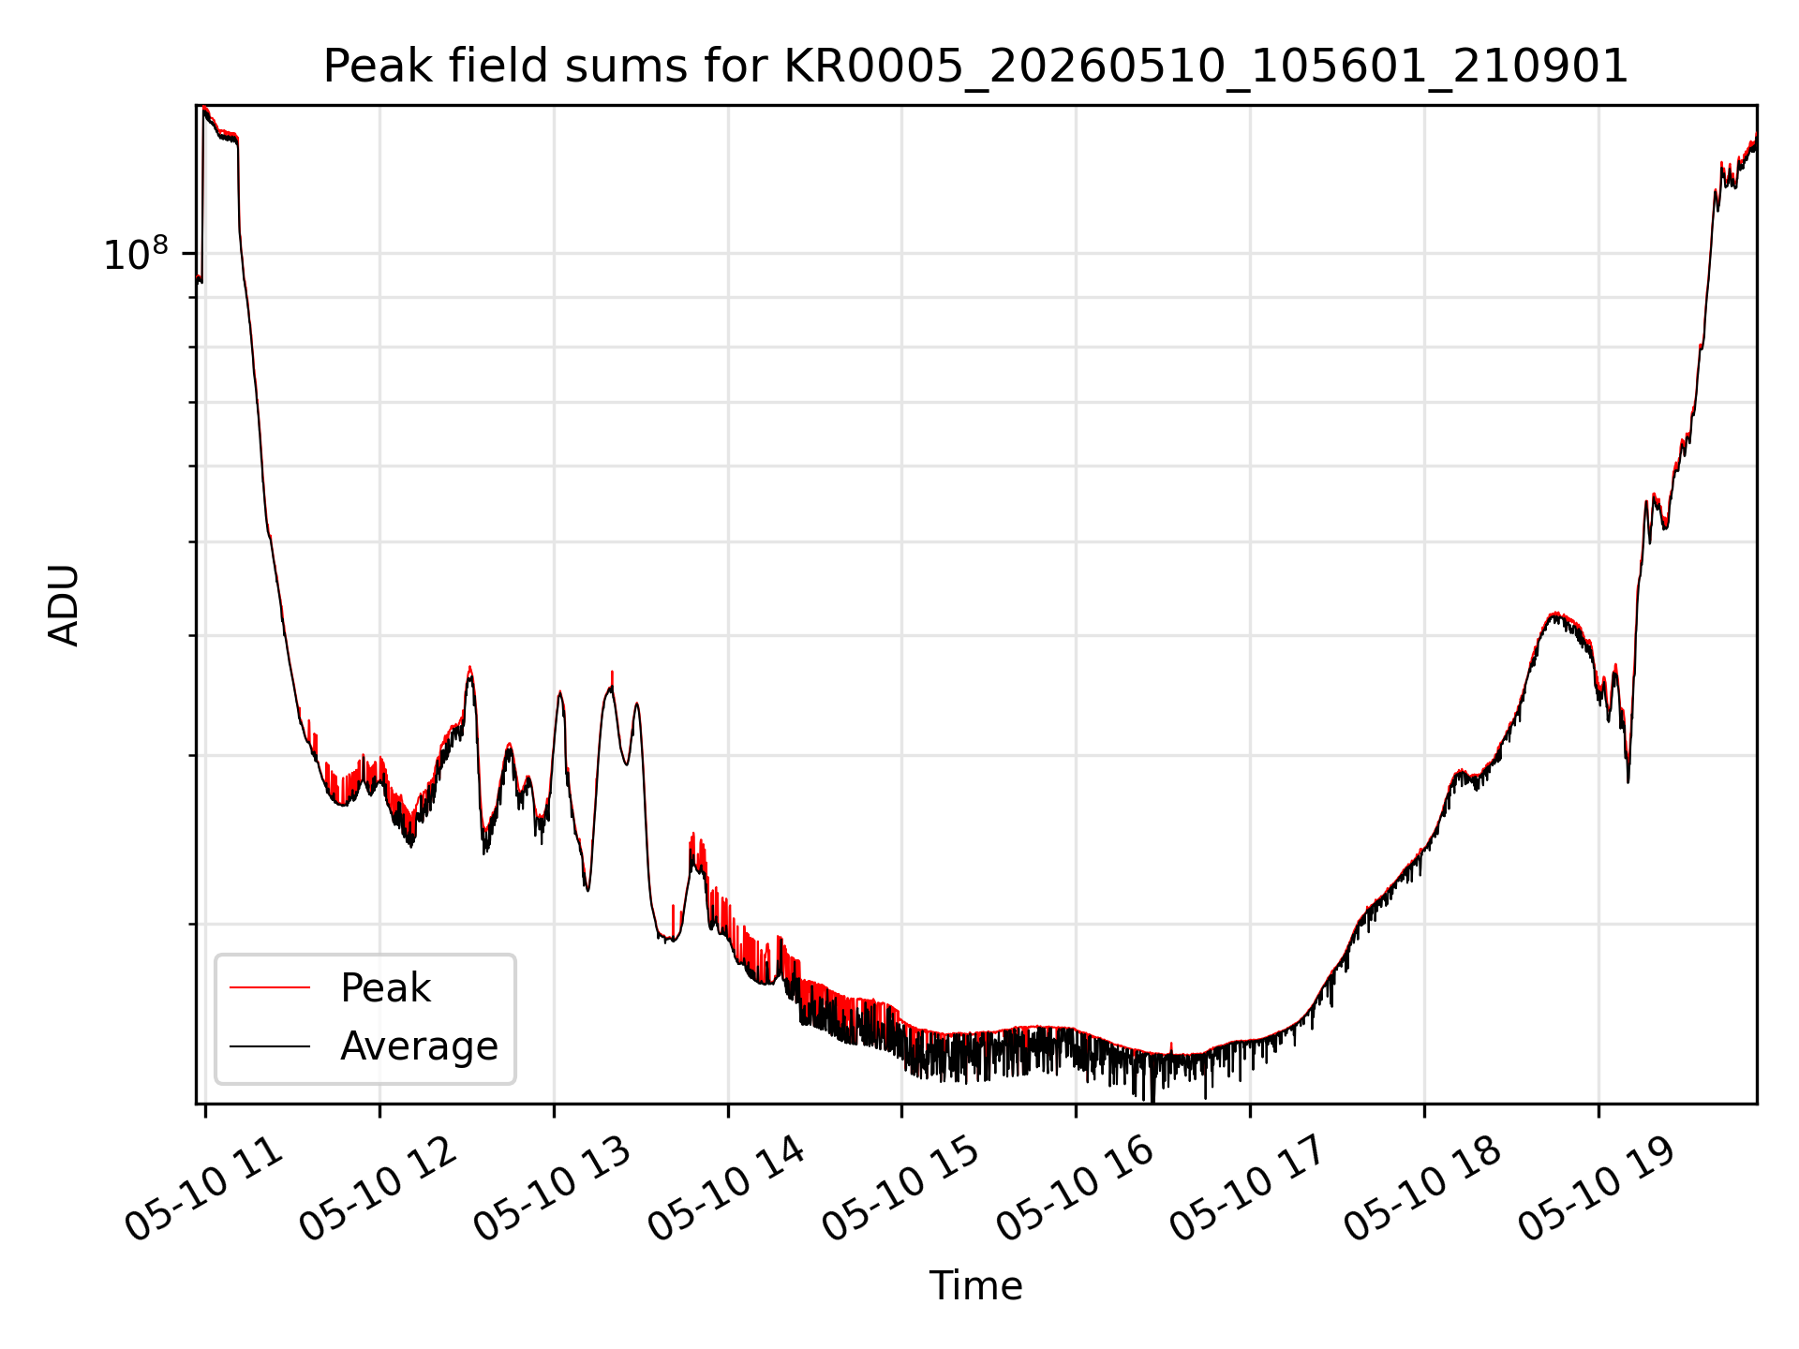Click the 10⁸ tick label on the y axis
(x=136, y=254)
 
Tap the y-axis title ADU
(x=64, y=605)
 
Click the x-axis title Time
(x=975, y=1286)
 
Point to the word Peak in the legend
(x=385, y=988)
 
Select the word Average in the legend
(x=419, y=1046)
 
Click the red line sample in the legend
(x=270, y=987)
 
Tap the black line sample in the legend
(x=270, y=1045)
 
